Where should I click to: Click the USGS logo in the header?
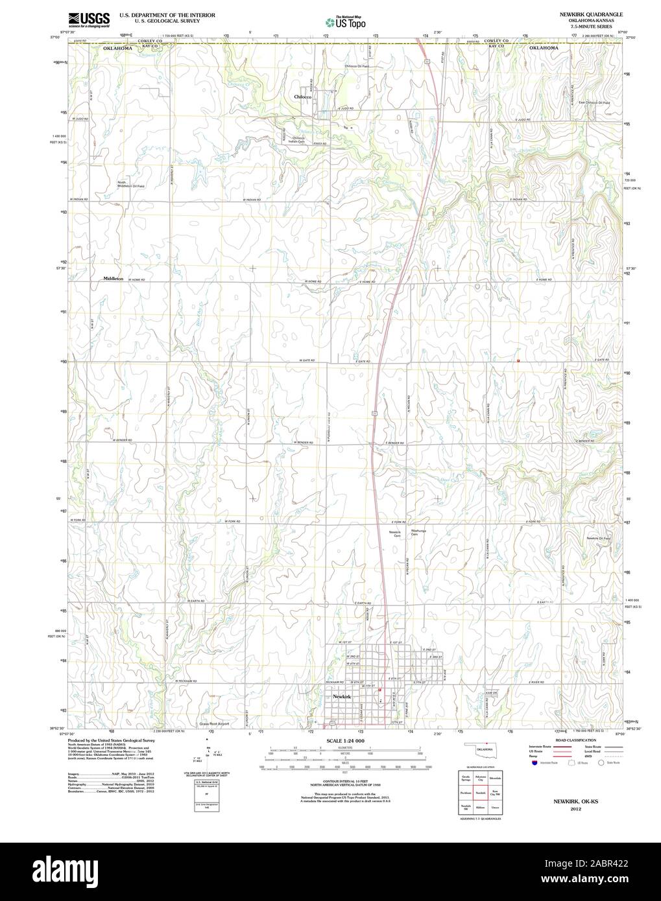88,19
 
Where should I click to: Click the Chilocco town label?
303,97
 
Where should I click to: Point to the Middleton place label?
113,278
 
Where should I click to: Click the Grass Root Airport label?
215,723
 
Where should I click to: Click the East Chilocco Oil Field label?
594,103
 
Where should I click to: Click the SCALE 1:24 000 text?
345,741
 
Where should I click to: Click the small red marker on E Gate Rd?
518,360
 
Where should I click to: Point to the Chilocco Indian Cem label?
298,140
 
